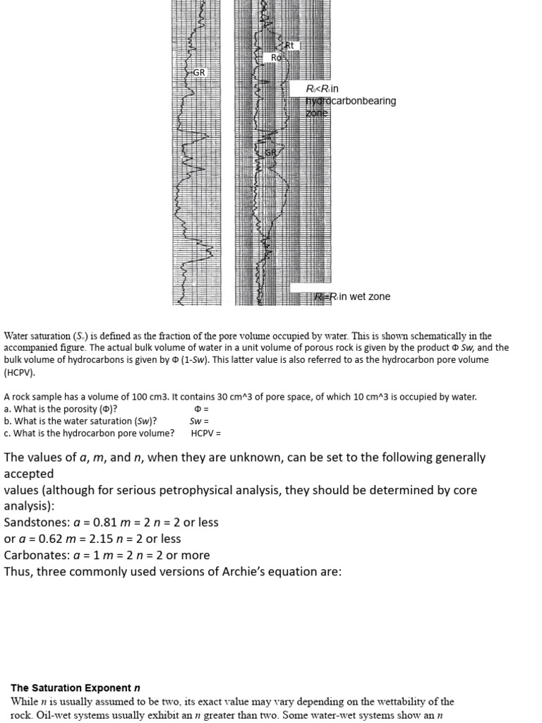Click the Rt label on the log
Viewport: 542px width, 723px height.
pos(289,46)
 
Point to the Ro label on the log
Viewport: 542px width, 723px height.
pos(276,58)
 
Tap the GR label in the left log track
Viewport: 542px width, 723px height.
pos(199,73)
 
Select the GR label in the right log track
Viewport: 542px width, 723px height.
pos(271,153)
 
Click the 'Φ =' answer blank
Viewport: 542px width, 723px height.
pos(201,409)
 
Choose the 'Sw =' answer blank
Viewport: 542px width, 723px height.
pos(199,421)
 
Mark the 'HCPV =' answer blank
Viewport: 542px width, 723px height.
pos(206,433)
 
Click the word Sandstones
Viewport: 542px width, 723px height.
pos(33,522)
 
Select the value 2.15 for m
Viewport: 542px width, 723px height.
pos(87,539)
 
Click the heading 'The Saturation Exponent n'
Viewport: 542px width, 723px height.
pos(71,688)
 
